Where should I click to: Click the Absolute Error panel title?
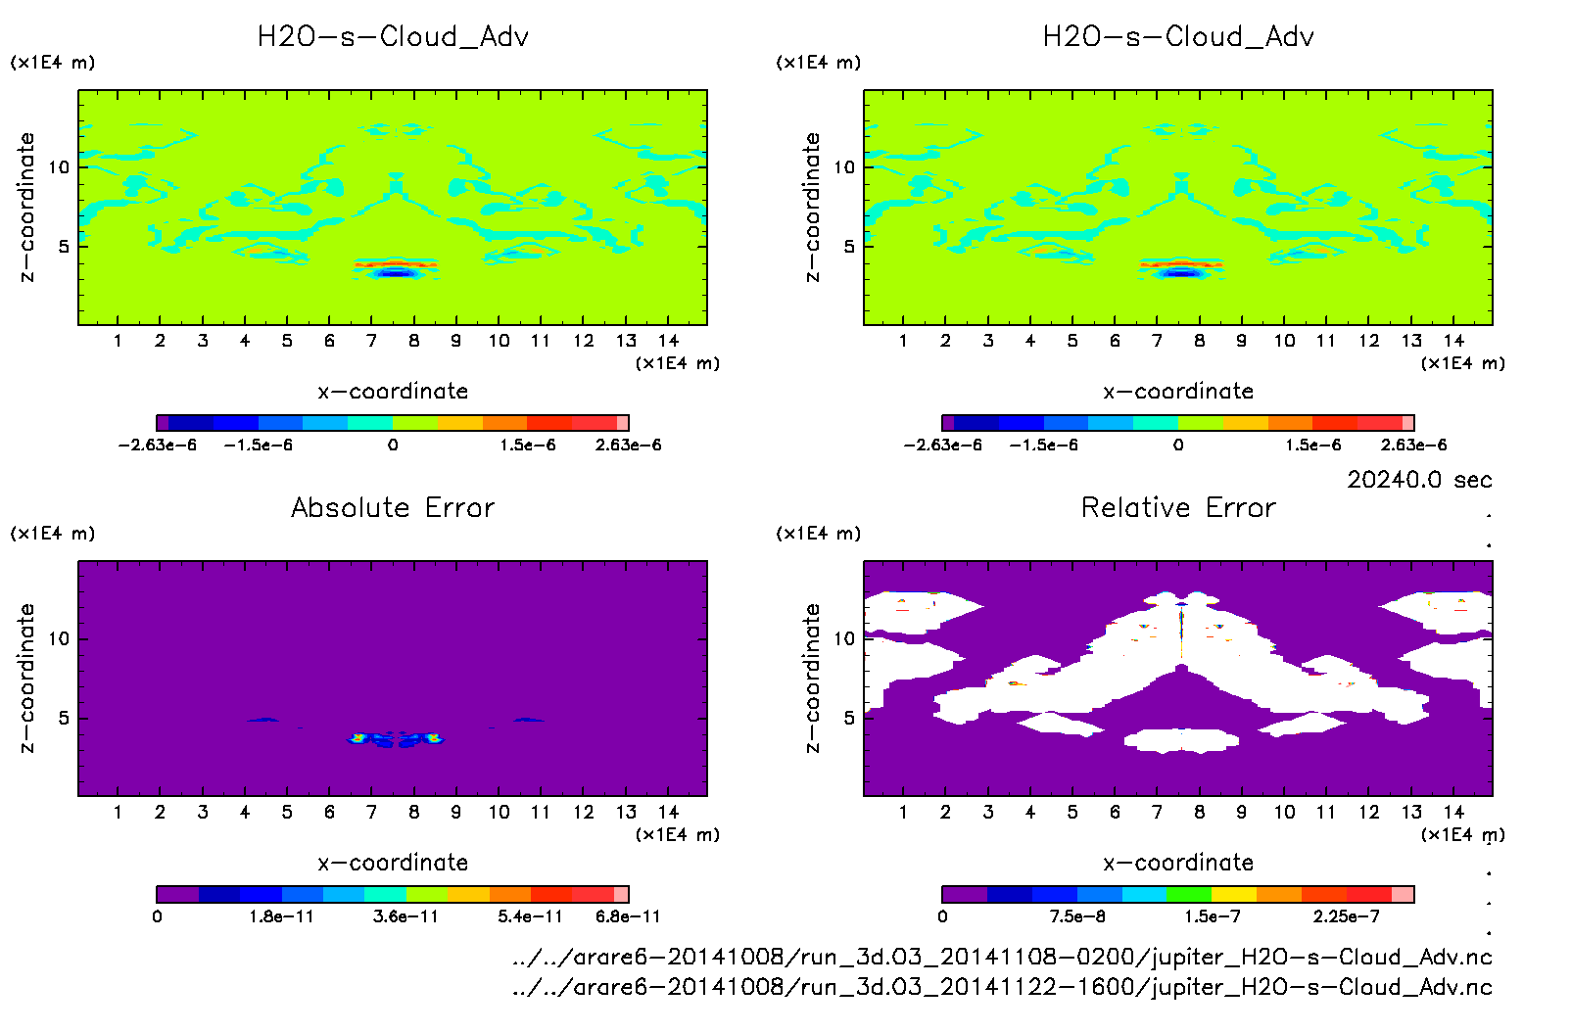(393, 507)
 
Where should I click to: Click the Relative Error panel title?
(1178, 507)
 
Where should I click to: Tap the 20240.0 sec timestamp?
(1419, 480)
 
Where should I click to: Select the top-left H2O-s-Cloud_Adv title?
(393, 37)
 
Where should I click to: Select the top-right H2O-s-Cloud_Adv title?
(1178, 37)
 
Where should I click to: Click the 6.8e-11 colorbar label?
(628, 916)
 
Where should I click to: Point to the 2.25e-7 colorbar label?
(1348, 916)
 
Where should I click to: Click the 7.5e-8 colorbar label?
(1077, 916)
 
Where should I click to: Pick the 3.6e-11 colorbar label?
(405, 916)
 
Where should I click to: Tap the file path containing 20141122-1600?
(1002, 987)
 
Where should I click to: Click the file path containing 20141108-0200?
(1002, 957)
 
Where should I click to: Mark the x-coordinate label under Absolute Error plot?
(393, 863)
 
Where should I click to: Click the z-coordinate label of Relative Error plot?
(811, 678)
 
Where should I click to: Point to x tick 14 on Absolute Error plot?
(668, 812)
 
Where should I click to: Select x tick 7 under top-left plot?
(371, 341)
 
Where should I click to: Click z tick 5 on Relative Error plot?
(849, 718)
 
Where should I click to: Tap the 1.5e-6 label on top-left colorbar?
(528, 446)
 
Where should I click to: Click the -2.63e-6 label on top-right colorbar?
(942, 446)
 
